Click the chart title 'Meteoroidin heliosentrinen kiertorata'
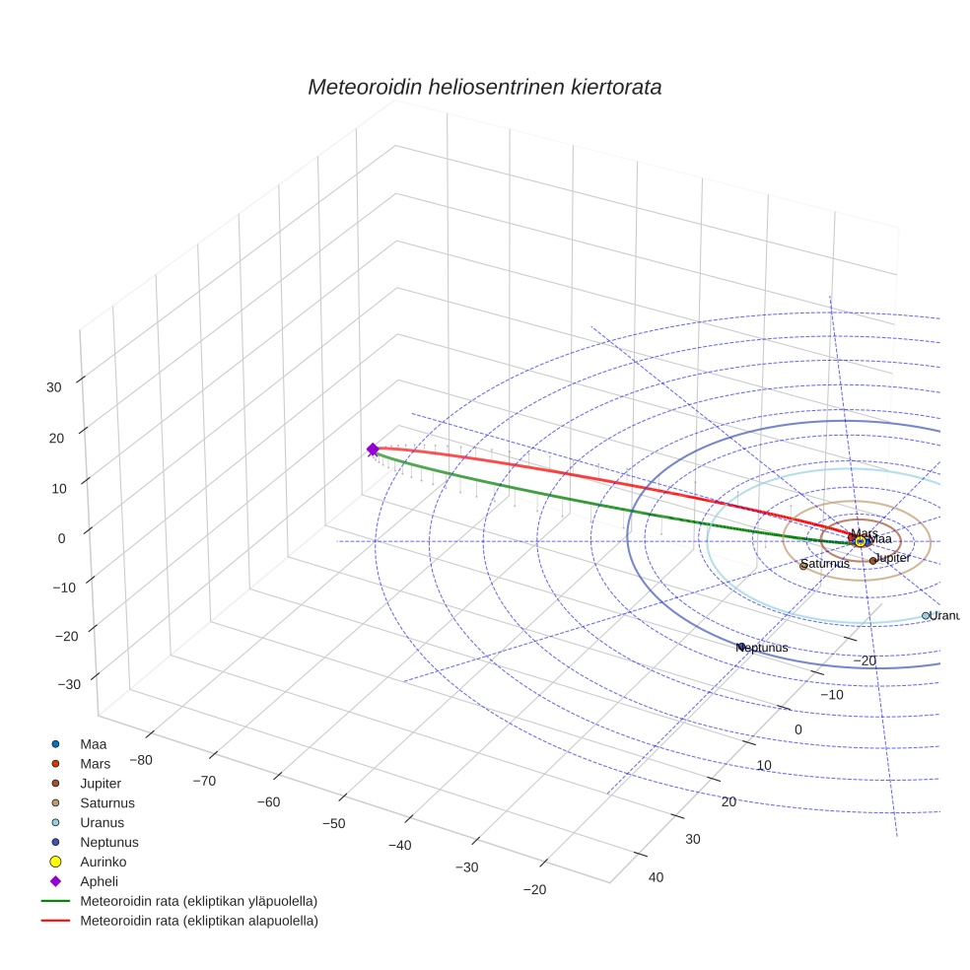click(x=484, y=87)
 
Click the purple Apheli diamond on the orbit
click(x=373, y=450)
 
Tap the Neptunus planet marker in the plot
click(x=741, y=647)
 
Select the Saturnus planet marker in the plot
click(x=803, y=565)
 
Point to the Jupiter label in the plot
click(x=893, y=558)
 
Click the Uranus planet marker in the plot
click(x=926, y=615)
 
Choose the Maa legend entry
click(x=94, y=743)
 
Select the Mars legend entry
click(x=96, y=763)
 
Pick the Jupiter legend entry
click(x=101, y=783)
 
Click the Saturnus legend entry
click(x=107, y=802)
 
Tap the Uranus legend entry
click(x=103, y=822)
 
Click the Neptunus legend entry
click(x=109, y=842)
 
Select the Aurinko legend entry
click(x=103, y=862)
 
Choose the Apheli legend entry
click(x=99, y=881)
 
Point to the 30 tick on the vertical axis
click(x=53, y=387)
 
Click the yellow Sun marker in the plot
click(x=861, y=541)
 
